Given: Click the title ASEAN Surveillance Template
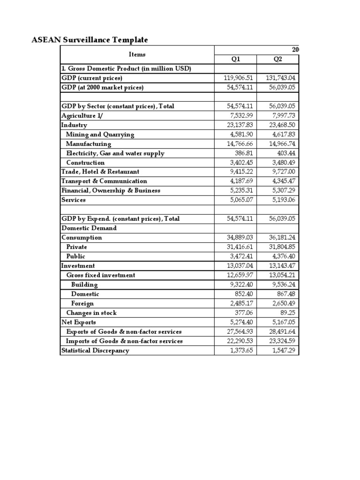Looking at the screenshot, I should (90, 40).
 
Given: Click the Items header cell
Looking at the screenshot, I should (136, 54).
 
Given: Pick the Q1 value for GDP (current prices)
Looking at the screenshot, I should (239, 78).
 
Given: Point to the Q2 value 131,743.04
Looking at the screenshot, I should (281, 78).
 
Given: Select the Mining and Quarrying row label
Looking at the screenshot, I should (100, 135).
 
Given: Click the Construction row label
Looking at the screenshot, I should (85, 163).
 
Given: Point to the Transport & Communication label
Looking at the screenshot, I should (104, 181).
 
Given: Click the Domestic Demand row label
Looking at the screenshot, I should (89, 228).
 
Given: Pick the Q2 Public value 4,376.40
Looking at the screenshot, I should (285, 256).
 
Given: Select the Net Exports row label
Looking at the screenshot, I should (79, 322).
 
